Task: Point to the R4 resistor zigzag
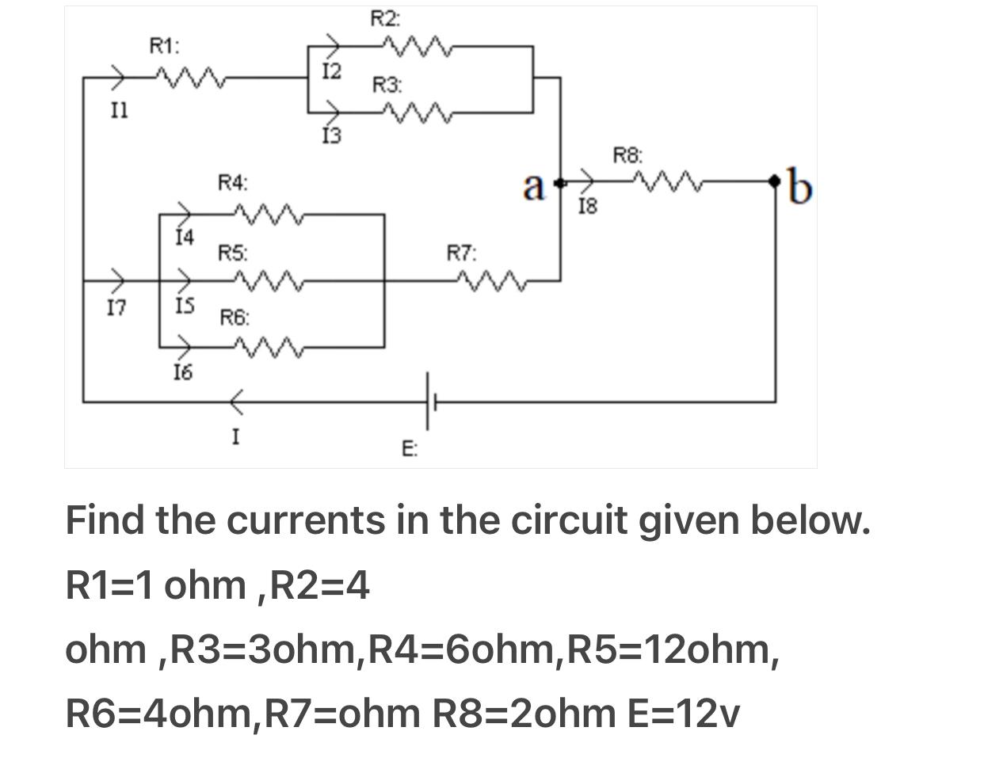tap(268, 214)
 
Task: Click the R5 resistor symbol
tap(268, 280)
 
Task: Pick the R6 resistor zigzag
tap(268, 347)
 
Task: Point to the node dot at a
tap(560, 183)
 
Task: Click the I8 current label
tap(588, 208)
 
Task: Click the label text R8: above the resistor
tap(628, 155)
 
